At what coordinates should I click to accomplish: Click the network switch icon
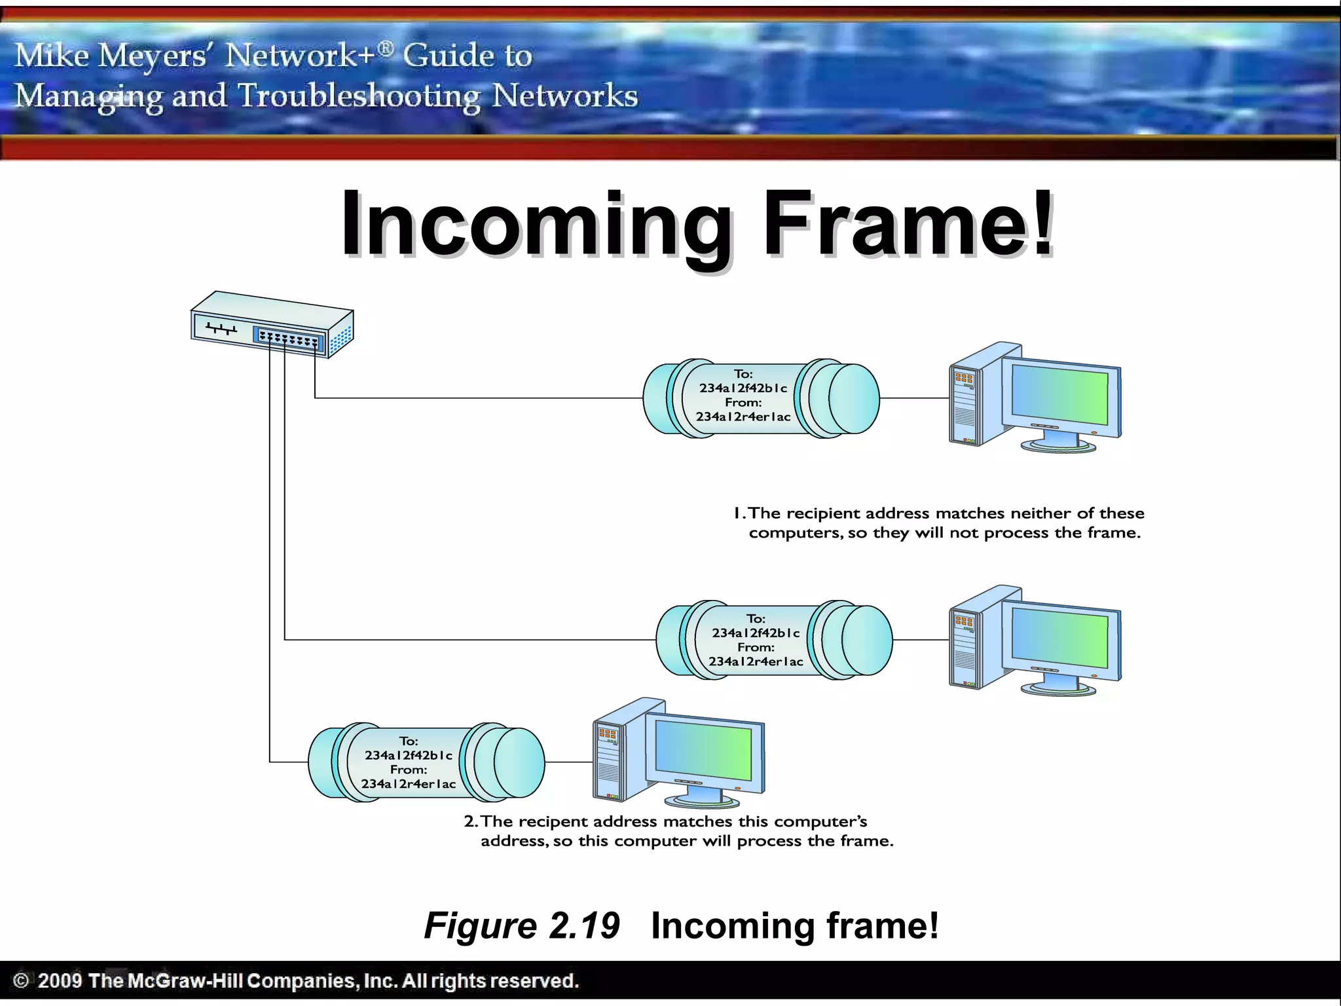(x=272, y=324)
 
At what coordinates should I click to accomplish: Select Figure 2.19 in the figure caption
(x=521, y=925)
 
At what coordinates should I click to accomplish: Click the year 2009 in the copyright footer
(x=60, y=980)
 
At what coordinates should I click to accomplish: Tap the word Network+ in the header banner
(x=301, y=55)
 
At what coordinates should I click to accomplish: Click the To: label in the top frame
(x=743, y=374)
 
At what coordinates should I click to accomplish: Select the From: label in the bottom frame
(x=409, y=770)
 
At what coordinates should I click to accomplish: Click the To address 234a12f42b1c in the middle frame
(x=756, y=633)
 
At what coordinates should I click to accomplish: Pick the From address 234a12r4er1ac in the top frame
(x=743, y=417)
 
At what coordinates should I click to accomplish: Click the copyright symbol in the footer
(x=21, y=980)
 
